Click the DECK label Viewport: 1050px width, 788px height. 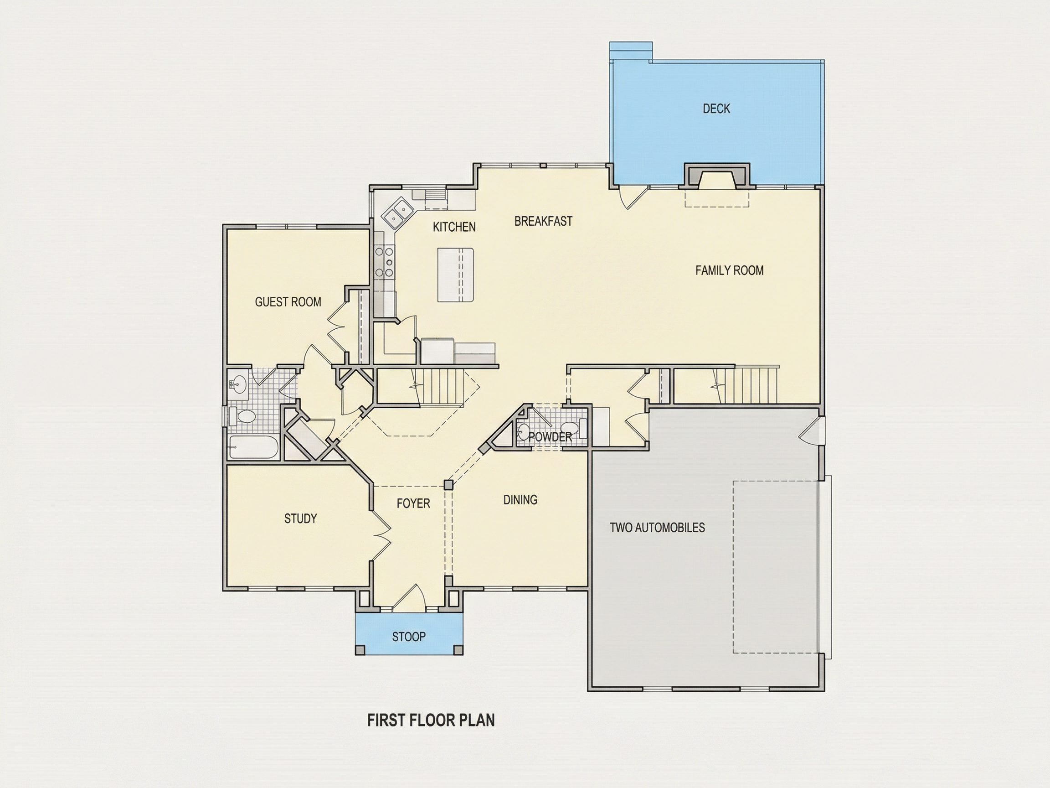pos(716,109)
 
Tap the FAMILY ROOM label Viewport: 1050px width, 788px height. pos(730,271)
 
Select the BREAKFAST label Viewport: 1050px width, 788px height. pos(544,221)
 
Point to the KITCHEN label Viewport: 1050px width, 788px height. pos(454,227)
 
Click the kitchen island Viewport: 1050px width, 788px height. pos(456,275)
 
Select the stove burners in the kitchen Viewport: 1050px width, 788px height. pos(384,262)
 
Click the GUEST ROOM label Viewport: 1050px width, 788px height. pos(288,302)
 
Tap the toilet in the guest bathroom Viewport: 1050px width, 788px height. pos(242,416)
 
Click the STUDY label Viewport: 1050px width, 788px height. pos(300,518)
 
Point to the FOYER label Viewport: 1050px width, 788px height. pos(413,503)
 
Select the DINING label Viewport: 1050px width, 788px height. pos(520,500)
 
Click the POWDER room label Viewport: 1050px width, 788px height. pos(550,437)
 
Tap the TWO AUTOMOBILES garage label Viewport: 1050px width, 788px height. pos(658,528)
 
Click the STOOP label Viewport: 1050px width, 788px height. pos(409,637)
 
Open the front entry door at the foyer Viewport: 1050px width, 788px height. pos(408,597)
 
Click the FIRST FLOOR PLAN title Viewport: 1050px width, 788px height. pos(431,721)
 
